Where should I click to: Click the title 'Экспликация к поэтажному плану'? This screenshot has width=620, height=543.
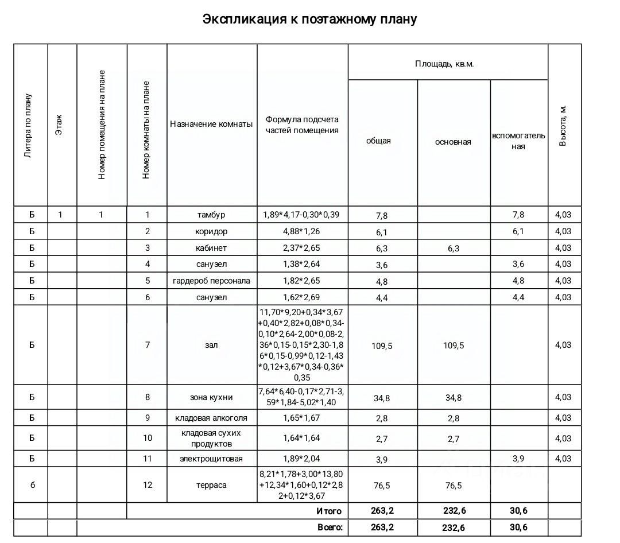pos(309,19)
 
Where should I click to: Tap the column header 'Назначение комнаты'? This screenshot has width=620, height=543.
pos(211,124)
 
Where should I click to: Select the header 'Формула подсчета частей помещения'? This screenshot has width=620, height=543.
pos(302,125)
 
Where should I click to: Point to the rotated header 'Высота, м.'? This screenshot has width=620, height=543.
pos(563,125)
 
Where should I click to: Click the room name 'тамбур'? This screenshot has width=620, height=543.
pos(211,215)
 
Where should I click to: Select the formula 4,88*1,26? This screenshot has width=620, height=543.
pos(301,231)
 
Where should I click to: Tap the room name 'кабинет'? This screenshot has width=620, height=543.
pos(211,248)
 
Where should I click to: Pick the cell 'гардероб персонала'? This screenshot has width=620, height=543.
pos(211,281)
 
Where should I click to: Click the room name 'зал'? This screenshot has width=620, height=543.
pos(211,345)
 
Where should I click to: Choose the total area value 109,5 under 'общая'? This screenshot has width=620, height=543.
pos(382,346)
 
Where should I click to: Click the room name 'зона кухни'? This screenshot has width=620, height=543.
pos(211,397)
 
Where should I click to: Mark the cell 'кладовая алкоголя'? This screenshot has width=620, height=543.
pos(211,418)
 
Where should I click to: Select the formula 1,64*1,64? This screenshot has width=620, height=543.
pos(301,438)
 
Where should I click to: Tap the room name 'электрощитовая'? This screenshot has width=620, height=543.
pos(211,459)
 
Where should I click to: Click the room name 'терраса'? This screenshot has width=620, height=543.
pos(211,485)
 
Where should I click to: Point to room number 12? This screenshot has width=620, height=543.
pos(148,485)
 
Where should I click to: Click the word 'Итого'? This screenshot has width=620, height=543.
pos(329,511)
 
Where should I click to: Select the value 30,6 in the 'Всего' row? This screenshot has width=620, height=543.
pos(518,528)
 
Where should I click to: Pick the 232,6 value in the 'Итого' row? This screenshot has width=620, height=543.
pos(453,511)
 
